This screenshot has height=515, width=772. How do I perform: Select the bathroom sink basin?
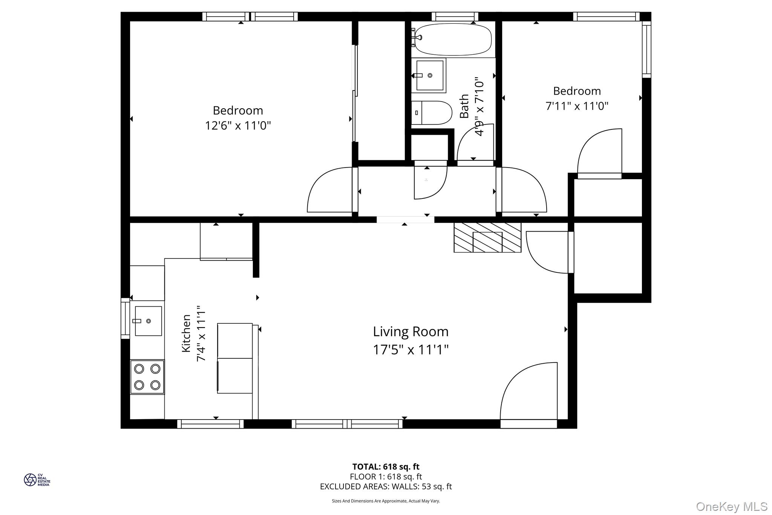click(430, 75)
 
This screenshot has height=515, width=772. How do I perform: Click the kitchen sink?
click(148, 321)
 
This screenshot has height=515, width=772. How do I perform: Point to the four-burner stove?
click(147, 377)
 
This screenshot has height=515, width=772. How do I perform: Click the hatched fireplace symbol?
click(487, 237)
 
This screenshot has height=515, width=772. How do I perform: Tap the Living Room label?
click(411, 332)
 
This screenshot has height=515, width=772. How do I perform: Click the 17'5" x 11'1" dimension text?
click(411, 350)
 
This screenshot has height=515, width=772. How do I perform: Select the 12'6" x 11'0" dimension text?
click(238, 125)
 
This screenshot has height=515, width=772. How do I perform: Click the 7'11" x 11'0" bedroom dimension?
click(577, 106)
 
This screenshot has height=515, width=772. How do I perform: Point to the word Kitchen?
click(186, 333)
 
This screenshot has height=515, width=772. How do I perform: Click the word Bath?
click(464, 106)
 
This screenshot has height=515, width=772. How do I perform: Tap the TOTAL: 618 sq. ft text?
click(386, 467)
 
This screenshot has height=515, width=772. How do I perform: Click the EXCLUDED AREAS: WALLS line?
click(386, 486)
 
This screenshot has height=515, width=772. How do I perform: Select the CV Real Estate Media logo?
click(37, 480)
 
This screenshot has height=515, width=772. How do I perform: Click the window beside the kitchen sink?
click(125, 318)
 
